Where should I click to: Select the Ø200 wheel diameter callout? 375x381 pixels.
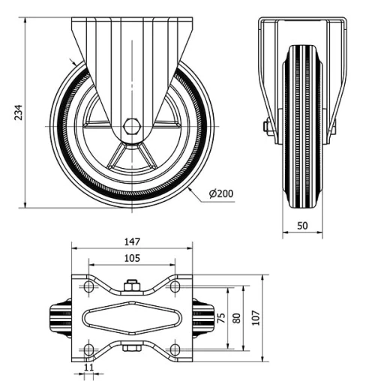pyautogui.click(x=221, y=193)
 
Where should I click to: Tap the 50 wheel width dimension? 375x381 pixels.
pyautogui.click(x=302, y=225)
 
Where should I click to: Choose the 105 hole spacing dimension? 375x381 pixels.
pyautogui.click(x=131, y=258)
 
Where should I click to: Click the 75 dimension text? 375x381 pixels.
pyautogui.click(x=220, y=317)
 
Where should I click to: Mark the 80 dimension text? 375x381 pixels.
pyautogui.click(x=238, y=318)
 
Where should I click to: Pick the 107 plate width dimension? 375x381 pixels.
pyautogui.click(x=256, y=318)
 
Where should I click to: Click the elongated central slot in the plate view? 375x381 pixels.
pyautogui.click(x=132, y=318)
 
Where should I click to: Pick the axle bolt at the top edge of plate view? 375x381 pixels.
pyautogui.click(x=132, y=283)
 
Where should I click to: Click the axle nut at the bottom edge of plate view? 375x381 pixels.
pyautogui.click(x=132, y=348)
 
